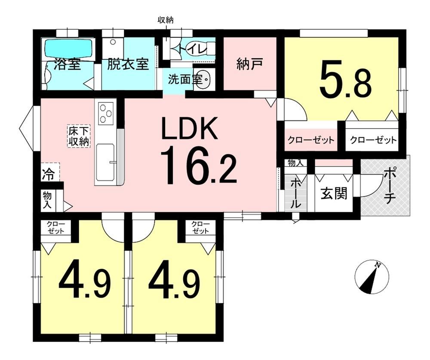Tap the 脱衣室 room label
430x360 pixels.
pyautogui.click(x=128, y=65)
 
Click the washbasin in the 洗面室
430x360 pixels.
pyautogui.click(x=204, y=80)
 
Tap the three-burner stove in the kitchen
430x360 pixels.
pyautogui.click(x=106, y=113)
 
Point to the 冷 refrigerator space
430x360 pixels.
pyautogui.click(x=48, y=175)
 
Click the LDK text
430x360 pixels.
pyautogui.click(x=189, y=128)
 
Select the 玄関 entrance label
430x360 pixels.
pyautogui.click(x=334, y=193)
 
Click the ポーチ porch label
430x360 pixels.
pyautogui.click(x=390, y=187)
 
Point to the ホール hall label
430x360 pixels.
pyautogui.click(x=295, y=193)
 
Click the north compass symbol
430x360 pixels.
pyautogui.click(x=372, y=277)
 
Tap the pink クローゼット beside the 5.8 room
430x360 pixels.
pyautogui.click(x=311, y=140)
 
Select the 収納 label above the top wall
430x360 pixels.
pyautogui.click(x=166, y=20)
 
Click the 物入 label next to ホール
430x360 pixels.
pyautogui.click(x=295, y=163)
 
